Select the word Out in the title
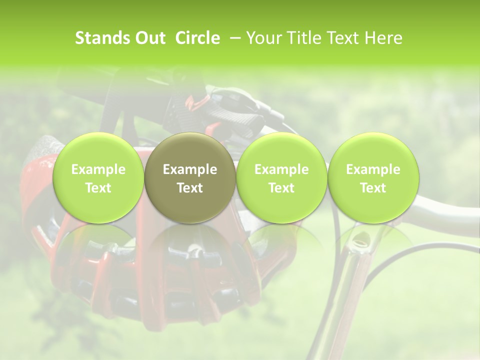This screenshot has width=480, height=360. click(x=149, y=38)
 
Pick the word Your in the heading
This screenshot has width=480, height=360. click(x=262, y=38)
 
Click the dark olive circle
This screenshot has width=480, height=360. click(x=190, y=178)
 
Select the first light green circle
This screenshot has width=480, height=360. click(x=98, y=178)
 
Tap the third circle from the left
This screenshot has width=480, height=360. click(x=281, y=178)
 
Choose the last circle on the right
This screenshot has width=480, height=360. click(x=373, y=178)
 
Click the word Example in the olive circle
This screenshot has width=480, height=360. click(x=190, y=169)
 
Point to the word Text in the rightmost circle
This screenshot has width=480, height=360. click(x=373, y=188)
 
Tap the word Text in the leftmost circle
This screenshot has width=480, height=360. click(x=98, y=188)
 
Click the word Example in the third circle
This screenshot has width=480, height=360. click(x=281, y=169)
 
